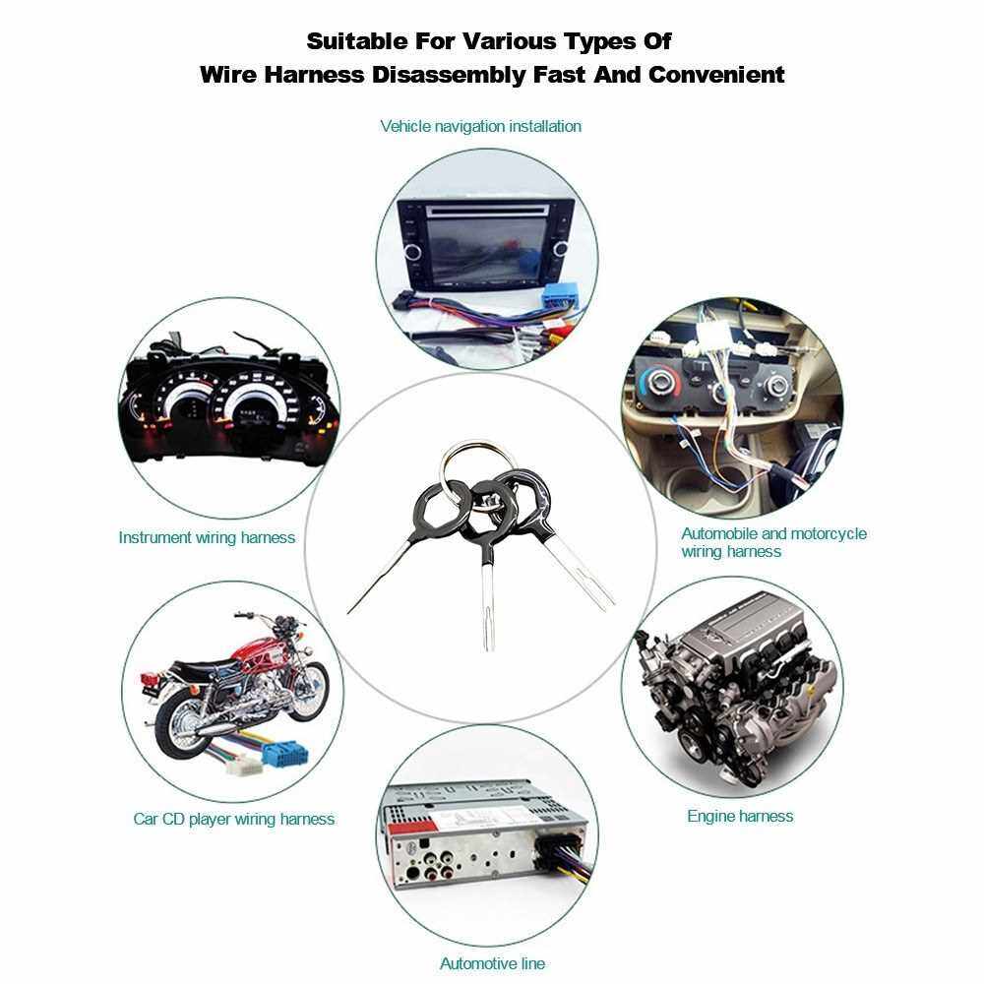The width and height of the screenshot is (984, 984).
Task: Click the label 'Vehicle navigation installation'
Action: [x=481, y=126]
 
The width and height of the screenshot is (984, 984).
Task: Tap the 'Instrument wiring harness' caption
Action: [x=207, y=538]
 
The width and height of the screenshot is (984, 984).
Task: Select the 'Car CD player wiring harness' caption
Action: [x=233, y=819]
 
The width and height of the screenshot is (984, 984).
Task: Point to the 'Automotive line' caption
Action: [x=493, y=963]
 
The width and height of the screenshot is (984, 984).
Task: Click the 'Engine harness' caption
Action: [x=740, y=816]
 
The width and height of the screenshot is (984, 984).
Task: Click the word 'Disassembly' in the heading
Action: [x=449, y=75]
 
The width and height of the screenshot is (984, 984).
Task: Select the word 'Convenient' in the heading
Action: [x=716, y=75]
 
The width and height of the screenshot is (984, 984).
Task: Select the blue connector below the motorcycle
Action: [x=285, y=753]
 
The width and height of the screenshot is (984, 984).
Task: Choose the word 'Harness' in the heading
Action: [x=314, y=75]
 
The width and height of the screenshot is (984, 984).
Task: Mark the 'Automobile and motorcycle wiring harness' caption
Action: [x=773, y=543]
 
